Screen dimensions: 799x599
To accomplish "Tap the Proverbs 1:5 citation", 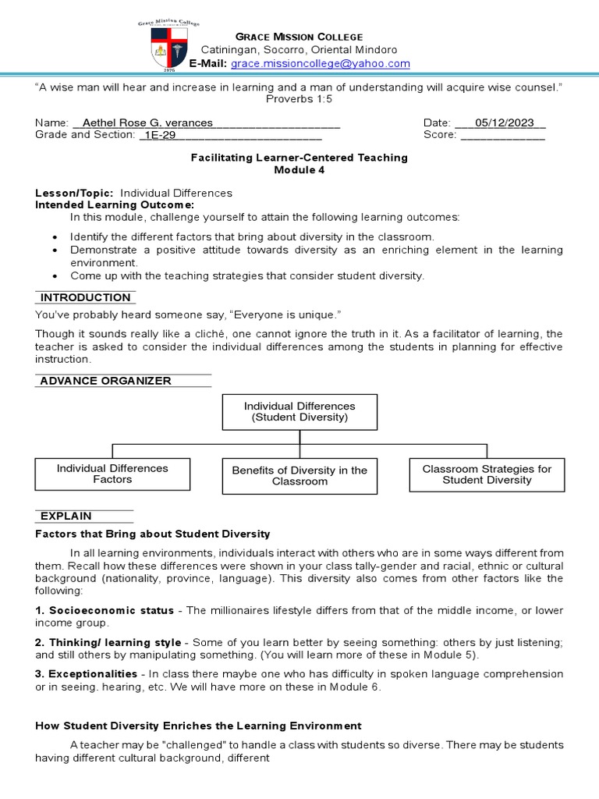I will pos(299,99).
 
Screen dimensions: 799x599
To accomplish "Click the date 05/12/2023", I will pos(500,123).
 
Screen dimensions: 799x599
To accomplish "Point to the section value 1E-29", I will pos(159,135).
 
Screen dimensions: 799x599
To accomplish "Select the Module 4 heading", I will pos(299,169).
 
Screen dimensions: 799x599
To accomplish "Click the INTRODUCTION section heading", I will pos(86,297).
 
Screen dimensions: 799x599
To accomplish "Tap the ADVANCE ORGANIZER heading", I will pos(105,381).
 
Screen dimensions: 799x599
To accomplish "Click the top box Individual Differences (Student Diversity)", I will pos(299,412).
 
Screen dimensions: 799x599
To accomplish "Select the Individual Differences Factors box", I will pos(112,474).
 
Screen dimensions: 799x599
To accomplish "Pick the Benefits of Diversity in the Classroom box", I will pos(299,476).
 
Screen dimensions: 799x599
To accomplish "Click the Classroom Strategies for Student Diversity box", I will pos(487,474).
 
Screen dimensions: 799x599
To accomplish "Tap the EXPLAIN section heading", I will pos(66,516).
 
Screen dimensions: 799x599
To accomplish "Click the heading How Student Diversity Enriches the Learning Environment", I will pos(198,726).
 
